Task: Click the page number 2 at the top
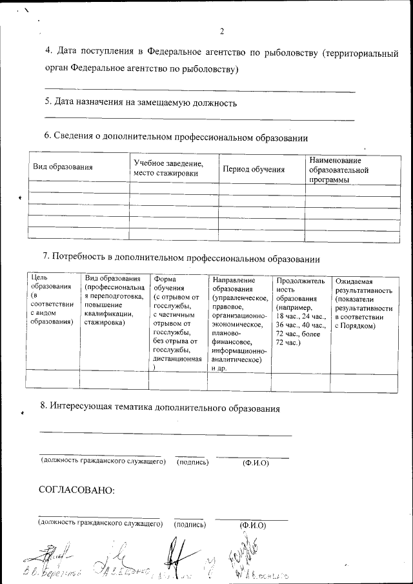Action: pyautogui.click(x=221, y=32)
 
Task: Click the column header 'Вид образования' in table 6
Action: pyautogui.click(x=63, y=167)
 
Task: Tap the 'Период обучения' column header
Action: pyautogui.click(x=254, y=169)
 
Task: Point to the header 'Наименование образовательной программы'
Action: pyautogui.click(x=339, y=170)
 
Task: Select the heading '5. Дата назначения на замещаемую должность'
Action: pyautogui.click(x=140, y=102)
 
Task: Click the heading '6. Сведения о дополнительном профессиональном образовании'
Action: pyautogui.click(x=176, y=137)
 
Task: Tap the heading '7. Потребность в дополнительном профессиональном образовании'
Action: pyautogui.click(x=181, y=259)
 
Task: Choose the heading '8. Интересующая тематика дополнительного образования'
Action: pyautogui.click(x=159, y=408)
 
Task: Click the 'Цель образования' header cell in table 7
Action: pyautogui.click(x=52, y=300)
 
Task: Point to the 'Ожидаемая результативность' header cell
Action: pyautogui.click(x=364, y=303)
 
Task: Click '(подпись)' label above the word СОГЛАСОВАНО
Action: pyautogui.click(x=191, y=462)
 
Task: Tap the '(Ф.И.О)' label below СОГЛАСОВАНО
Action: pyautogui.click(x=252, y=525)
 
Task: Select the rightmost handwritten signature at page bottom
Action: pyautogui.click(x=248, y=558)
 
